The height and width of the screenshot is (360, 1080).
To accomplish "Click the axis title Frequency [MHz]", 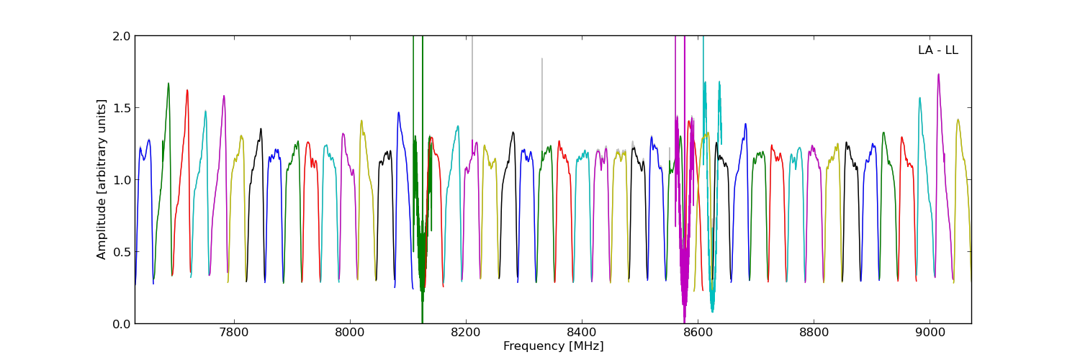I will [x=553, y=346].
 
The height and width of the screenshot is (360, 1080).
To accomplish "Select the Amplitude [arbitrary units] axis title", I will [x=102, y=179].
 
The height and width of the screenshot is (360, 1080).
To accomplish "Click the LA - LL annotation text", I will [x=937, y=50].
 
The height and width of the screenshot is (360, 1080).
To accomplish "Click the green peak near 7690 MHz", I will [x=168, y=84].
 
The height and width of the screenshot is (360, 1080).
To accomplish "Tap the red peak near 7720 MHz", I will [x=187, y=91].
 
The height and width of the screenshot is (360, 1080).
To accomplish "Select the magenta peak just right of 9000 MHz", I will [x=938, y=74].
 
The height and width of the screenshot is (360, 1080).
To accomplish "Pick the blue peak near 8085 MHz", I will [x=398, y=112].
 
